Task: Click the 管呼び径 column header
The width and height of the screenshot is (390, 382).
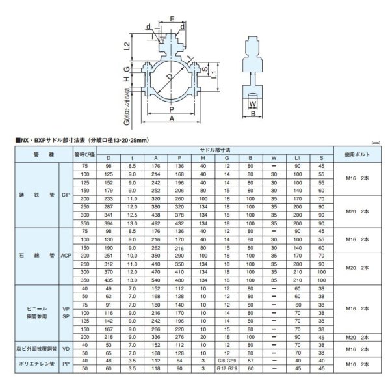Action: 84,154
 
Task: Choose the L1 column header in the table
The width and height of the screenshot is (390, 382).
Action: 297,158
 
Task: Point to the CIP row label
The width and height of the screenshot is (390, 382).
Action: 65,194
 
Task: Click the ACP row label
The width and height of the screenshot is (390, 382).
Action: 65,256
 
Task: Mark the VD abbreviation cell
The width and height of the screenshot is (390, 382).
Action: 65,349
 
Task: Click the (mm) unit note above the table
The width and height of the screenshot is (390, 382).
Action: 374,142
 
